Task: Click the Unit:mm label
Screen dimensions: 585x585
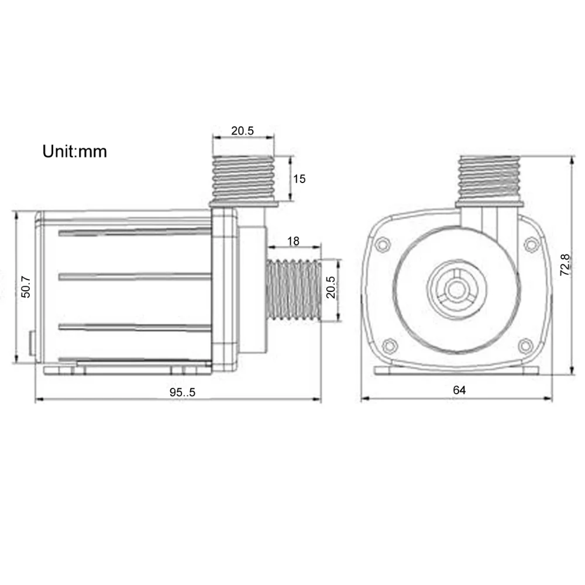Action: point(75,152)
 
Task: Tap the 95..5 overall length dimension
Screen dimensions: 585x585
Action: point(183,392)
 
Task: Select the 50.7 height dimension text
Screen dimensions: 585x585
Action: point(26,287)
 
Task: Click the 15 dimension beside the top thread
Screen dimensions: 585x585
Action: point(299,178)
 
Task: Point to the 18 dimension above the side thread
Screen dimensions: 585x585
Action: point(293,241)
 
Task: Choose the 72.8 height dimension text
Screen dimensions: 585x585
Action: point(565,265)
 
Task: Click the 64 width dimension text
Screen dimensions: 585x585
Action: point(459,390)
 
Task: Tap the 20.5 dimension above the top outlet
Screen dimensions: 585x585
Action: point(243,130)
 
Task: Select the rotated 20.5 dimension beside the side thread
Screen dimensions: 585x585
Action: point(331,287)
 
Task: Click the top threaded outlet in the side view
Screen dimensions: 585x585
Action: point(243,178)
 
